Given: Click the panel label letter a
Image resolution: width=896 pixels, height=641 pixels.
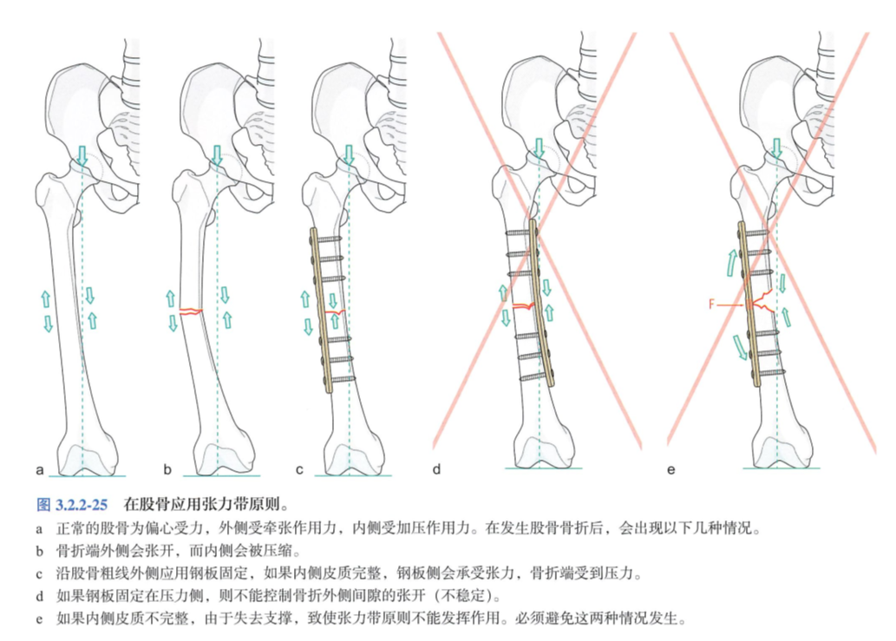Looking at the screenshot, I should (x=40, y=470).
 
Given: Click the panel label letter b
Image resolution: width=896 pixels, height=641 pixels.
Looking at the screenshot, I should (x=170, y=470).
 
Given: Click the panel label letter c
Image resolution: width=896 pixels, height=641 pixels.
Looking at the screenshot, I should (x=300, y=470).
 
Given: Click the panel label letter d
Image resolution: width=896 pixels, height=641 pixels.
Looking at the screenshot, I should (x=437, y=470).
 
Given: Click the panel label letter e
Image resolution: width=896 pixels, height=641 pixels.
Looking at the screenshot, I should (x=670, y=470).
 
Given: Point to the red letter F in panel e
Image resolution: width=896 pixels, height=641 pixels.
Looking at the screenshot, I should (x=711, y=305).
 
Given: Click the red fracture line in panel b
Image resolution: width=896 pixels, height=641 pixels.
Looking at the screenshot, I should (x=191, y=310).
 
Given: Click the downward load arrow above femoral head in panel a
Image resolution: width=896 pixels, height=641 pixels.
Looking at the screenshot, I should (x=82, y=157).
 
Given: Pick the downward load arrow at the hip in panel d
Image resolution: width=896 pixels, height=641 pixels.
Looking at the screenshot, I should (x=540, y=149).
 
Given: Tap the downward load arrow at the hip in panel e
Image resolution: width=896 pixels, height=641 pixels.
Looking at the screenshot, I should (x=776, y=149).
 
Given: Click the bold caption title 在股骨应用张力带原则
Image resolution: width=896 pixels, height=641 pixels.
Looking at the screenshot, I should (x=206, y=503).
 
